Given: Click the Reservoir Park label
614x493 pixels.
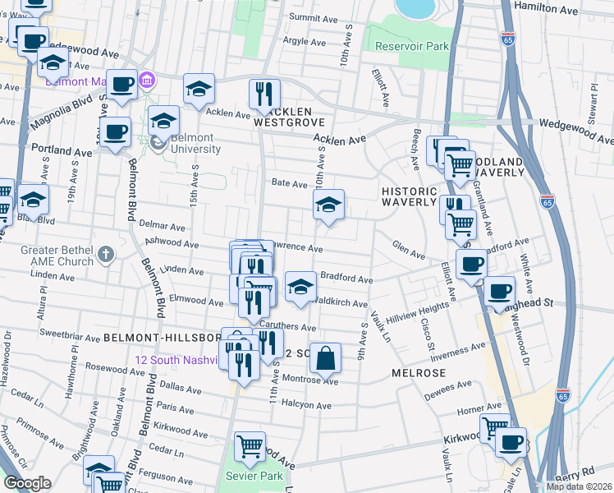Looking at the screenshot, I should coord(412,46).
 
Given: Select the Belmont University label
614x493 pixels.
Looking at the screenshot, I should coord(190,143).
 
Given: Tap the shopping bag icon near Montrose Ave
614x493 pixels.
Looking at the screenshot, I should coord(326,357).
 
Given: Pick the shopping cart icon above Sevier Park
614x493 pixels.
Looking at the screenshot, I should coord(250,447).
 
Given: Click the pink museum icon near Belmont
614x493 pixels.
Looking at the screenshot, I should coord(147,81).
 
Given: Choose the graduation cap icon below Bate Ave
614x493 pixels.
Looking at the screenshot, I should coord(328,205).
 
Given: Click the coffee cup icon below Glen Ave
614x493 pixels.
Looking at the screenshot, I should coord(471,265).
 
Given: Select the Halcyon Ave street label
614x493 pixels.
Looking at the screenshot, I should coord(306,406).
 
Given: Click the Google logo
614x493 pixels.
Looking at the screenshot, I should coord(27,483).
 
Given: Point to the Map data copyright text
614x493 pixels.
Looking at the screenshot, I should coord(578,486).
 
